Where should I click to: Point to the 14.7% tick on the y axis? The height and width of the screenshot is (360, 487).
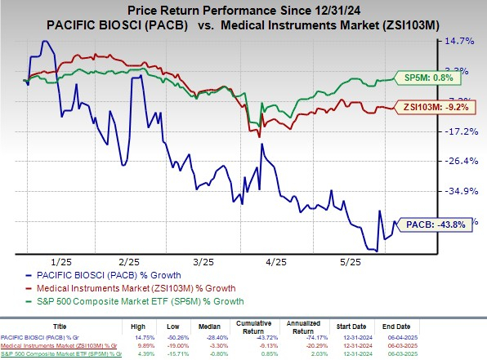click(462, 41)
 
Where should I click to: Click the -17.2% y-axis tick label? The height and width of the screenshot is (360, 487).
click(462, 131)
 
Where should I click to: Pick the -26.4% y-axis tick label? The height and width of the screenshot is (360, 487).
click(462, 161)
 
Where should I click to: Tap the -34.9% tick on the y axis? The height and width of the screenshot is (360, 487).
click(462, 191)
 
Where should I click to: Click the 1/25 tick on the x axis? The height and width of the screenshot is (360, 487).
click(60, 262)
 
